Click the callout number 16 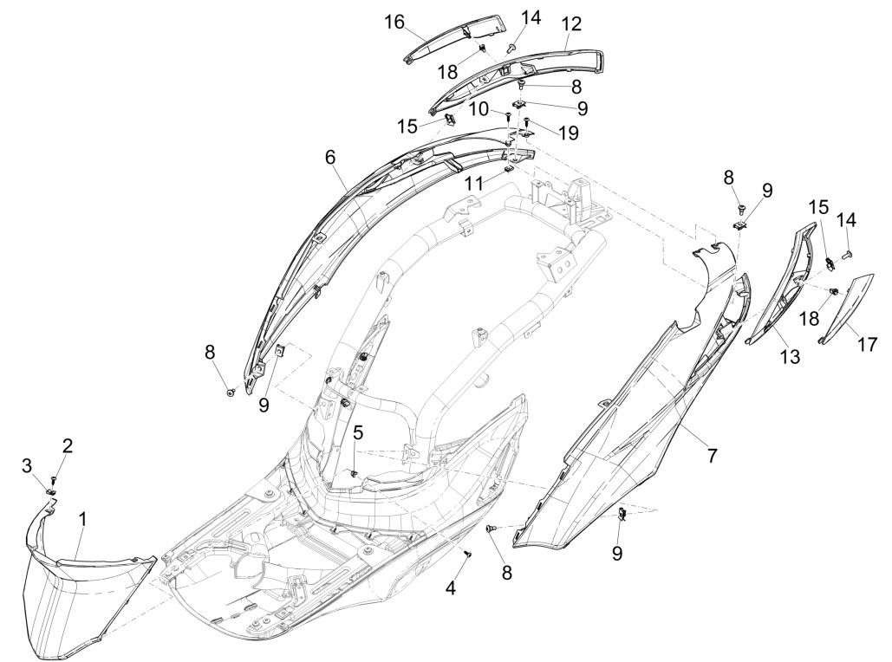pos(394,22)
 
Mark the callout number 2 pos(67,446)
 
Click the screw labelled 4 pos(468,553)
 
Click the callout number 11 pos(472,185)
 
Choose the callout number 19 pos(568,133)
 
